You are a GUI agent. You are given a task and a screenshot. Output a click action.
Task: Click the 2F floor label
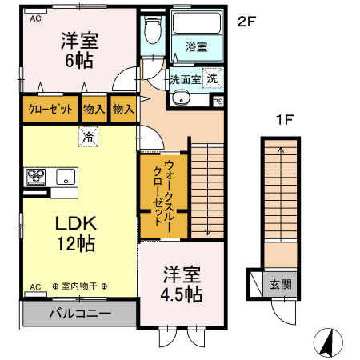tap(246, 22)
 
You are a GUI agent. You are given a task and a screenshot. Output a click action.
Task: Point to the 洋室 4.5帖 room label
tap(181, 284)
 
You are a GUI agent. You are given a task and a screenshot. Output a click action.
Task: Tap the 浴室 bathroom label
tap(197, 46)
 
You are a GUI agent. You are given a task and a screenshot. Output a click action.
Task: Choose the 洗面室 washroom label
tap(185, 80)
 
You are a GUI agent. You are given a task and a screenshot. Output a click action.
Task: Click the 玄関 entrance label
tap(280, 285)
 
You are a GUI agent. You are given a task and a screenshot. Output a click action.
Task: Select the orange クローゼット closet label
tap(50, 108)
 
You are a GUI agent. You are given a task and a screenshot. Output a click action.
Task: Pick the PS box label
tap(218, 102)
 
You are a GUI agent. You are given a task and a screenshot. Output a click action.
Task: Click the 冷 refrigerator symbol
tap(86, 138)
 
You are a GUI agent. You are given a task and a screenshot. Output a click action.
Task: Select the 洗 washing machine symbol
tap(212, 78)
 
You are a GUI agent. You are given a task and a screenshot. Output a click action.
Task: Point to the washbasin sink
tap(181, 99)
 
